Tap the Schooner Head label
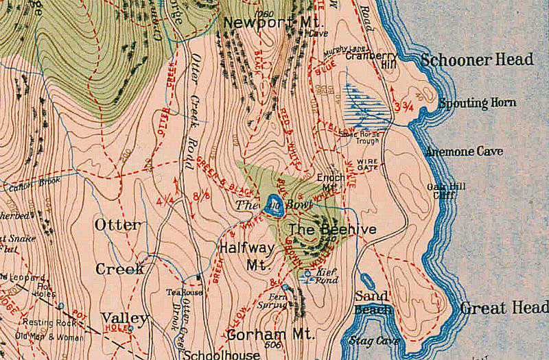477,60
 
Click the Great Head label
504,308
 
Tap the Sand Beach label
373,302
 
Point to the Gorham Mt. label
270,335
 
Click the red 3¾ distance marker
404,106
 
